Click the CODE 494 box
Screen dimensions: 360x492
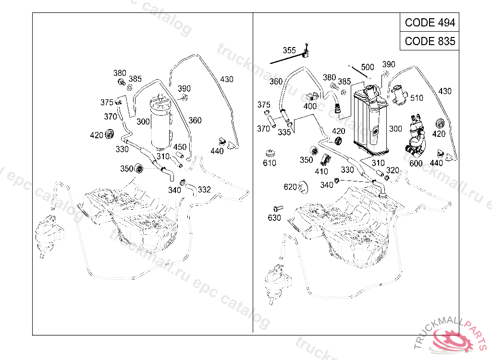430,23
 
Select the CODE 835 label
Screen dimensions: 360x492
430,41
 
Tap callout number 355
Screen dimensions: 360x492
289,50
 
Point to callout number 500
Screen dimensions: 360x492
368,67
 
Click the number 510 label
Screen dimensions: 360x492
417,98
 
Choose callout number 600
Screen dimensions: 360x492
416,164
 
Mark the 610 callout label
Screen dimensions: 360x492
270,163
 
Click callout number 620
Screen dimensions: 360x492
290,187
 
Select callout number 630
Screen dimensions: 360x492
274,218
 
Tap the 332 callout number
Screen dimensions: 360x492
204,190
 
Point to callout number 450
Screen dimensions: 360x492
180,147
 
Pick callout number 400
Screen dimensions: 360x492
310,106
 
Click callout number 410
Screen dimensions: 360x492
321,171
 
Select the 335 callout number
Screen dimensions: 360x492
284,132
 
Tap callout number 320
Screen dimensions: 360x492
393,170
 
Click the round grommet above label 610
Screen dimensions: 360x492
271,154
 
